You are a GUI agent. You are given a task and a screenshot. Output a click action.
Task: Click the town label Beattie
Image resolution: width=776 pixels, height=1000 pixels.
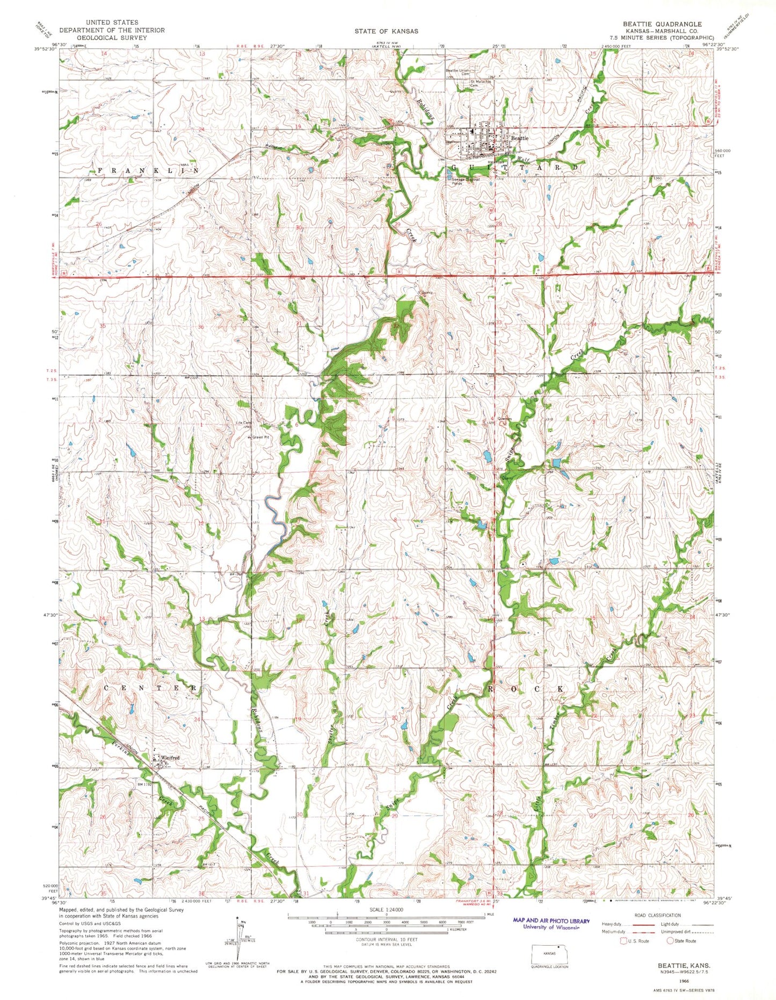tap(519, 138)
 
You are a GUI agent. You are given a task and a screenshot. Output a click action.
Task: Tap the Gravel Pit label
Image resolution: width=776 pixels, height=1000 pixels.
tap(260, 437)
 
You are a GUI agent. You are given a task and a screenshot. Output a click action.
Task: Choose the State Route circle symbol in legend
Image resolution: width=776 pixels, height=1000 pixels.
tap(671, 941)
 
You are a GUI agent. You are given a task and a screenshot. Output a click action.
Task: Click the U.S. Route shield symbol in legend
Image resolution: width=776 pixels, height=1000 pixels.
tap(623, 941)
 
